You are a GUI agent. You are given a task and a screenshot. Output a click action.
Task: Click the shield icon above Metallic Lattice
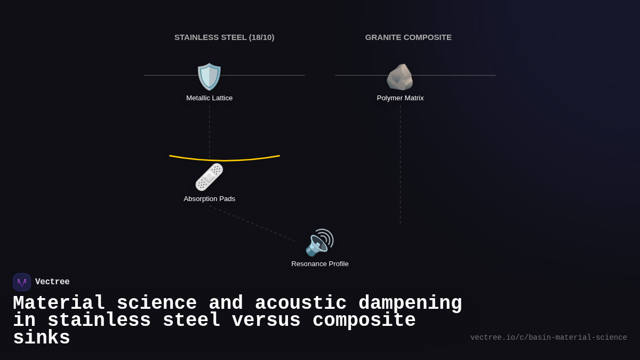tap(209, 77)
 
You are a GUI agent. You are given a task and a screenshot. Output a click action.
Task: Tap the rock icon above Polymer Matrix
tap(400, 77)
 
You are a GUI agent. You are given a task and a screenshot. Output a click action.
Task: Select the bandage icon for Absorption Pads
tap(209, 177)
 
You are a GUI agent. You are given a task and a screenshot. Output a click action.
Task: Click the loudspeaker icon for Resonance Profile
tap(319, 243)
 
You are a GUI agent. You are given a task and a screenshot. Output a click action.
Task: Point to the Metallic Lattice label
tap(210, 98)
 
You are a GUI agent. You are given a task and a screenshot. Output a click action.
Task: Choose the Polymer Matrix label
tap(401, 98)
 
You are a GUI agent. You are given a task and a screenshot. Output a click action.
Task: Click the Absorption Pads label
tap(210, 199)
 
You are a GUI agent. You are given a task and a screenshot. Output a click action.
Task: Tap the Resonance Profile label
tap(320, 264)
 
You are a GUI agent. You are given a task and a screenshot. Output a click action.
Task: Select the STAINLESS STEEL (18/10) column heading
tap(225, 37)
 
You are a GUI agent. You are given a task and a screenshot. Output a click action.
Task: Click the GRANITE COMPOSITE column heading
tap(409, 37)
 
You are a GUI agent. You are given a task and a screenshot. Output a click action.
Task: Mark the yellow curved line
tap(225, 159)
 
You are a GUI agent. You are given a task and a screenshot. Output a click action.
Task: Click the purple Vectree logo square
tap(22, 282)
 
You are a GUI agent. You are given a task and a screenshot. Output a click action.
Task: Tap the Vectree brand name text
tap(52, 282)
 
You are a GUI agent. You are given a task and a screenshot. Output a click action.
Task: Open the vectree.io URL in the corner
tap(548, 338)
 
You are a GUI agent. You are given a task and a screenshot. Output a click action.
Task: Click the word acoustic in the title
tap(301, 303)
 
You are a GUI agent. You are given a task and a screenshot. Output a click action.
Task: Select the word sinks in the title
tap(42, 338)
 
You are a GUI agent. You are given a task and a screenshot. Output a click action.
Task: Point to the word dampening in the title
tap(410, 303)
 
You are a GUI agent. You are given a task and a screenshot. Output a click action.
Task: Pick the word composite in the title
tap(364, 321)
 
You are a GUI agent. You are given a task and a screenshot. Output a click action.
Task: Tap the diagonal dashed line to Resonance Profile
tap(252, 223)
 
